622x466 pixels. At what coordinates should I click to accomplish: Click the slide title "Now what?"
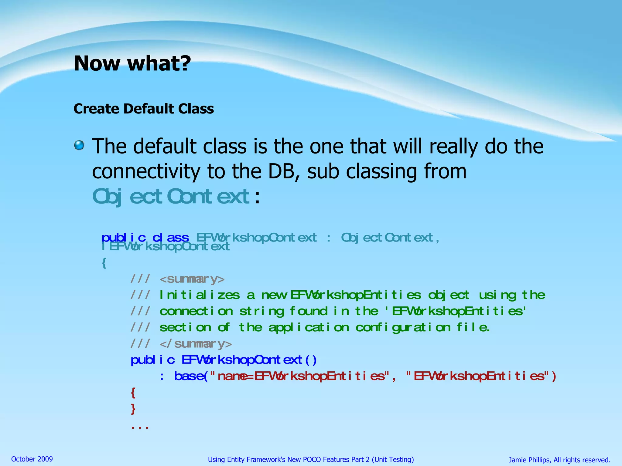pyautogui.click(x=132, y=63)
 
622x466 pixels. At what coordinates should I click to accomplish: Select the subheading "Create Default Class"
pyautogui.click(x=144, y=109)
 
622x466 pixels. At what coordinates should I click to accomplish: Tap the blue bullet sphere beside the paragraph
pyautogui.click(x=79, y=145)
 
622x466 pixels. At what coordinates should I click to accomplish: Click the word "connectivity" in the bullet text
pyautogui.click(x=146, y=171)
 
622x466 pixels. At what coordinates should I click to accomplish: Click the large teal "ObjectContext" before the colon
pyautogui.click(x=171, y=197)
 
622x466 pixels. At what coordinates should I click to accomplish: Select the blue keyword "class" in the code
pyautogui.click(x=170, y=238)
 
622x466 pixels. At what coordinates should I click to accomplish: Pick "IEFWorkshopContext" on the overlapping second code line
pyautogui.click(x=166, y=247)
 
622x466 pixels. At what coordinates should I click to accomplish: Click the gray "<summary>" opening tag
pyautogui.click(x=192, y=279)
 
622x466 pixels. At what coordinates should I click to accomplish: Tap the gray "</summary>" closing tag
pyautogui.click(x=196, y=344)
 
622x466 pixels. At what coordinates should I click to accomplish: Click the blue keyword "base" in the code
pyautogui.click(x=188, y=376)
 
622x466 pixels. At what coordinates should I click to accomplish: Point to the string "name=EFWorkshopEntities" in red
pyautogui.click(x=301, y=376)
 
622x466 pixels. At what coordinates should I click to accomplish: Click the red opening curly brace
pyautogui.click(x=133, y=393)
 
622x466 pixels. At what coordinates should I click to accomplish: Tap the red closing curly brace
pyautogui.click(x=133, y=409)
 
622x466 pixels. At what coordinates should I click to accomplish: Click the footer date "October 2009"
pyautogui.click(x=32, y=459)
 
